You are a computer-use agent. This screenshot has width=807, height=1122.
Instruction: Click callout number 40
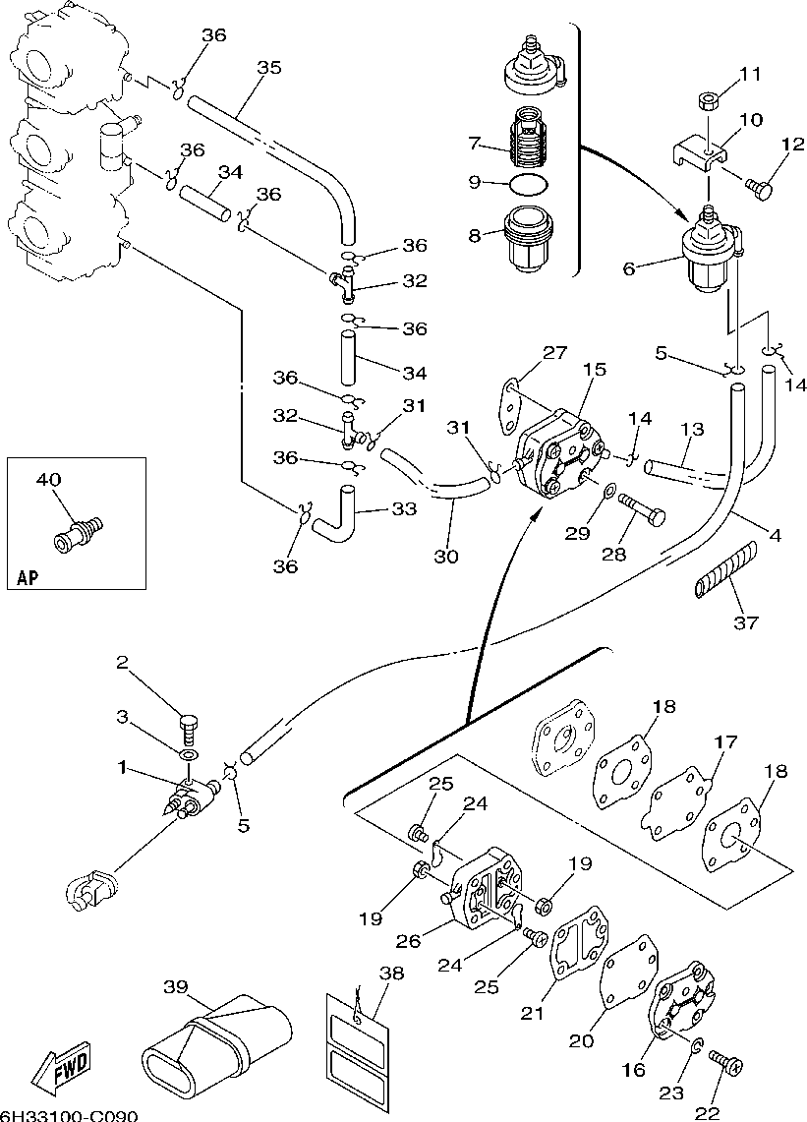click(x=49, y=480)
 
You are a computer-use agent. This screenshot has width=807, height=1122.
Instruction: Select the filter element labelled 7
click(x=532, y=141)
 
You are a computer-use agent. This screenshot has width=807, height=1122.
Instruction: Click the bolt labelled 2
click(x=190, y=729)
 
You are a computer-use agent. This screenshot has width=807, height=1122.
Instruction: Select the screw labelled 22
click(x=728, y=1063)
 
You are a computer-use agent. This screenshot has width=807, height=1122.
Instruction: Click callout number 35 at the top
click(x=268, y=68)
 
